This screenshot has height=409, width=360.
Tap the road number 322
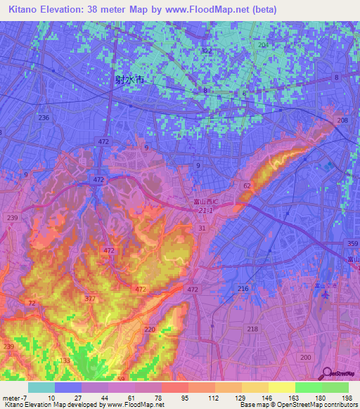[206, 51]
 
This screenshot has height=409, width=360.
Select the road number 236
[44, 117]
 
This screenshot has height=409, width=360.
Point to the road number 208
[342, 121]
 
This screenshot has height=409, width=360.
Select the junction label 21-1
[205, 211]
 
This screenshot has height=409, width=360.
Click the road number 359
[352, 244]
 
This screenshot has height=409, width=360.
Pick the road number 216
[243, 290]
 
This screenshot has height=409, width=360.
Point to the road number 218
[252, 329]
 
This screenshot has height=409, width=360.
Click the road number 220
[149, 329]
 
